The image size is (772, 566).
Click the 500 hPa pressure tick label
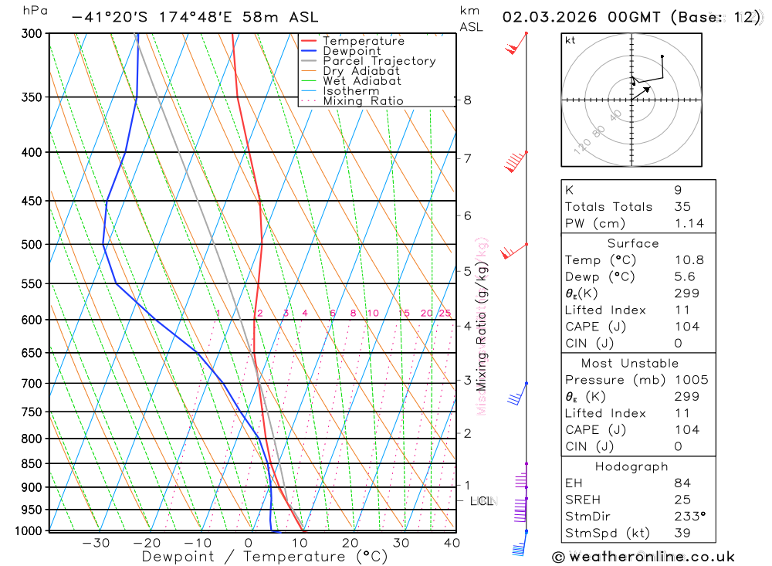(29, 244)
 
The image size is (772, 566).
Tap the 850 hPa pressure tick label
(29, 463)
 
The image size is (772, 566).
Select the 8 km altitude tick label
(467, 100)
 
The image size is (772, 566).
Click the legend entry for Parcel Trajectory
(379, 61)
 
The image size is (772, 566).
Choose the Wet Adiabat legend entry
(362, 81)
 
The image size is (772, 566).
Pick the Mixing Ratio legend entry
(363, 101)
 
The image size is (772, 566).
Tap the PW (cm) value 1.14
(689, 223)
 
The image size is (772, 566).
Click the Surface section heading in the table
(632, 243)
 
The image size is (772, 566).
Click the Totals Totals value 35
(682, 206)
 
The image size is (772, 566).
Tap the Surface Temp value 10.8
(689, 260)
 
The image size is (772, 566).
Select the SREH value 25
(682, 500)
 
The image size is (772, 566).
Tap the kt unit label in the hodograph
(570, 40)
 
